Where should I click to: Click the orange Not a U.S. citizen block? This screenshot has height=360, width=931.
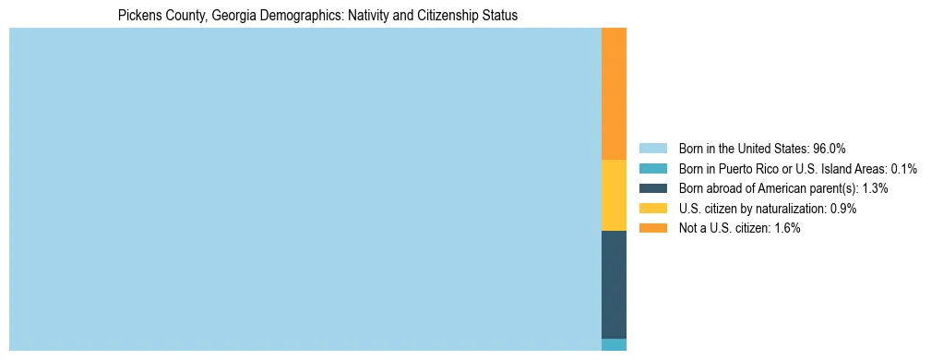coord(614,93)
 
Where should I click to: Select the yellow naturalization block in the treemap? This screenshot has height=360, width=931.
coord(614,195)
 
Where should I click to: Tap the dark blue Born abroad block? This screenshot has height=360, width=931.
coord(614,284)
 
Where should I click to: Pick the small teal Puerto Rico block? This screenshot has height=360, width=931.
coord(614,345)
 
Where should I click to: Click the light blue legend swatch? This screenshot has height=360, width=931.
coord(652,148)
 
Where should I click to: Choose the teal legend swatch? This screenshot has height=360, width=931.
coord(652,168)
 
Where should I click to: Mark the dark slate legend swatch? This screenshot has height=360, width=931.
coord(652,188)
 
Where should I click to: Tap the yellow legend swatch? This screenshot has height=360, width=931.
coord(652,209)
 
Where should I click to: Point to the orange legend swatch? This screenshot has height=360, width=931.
coord(652,229)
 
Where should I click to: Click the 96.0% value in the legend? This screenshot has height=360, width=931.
coord(829,148)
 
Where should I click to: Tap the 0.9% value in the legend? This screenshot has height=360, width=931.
coord(843,209)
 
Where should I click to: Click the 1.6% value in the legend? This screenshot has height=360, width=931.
coord(787,229)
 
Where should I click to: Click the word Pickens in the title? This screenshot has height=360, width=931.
coord(138,16)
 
